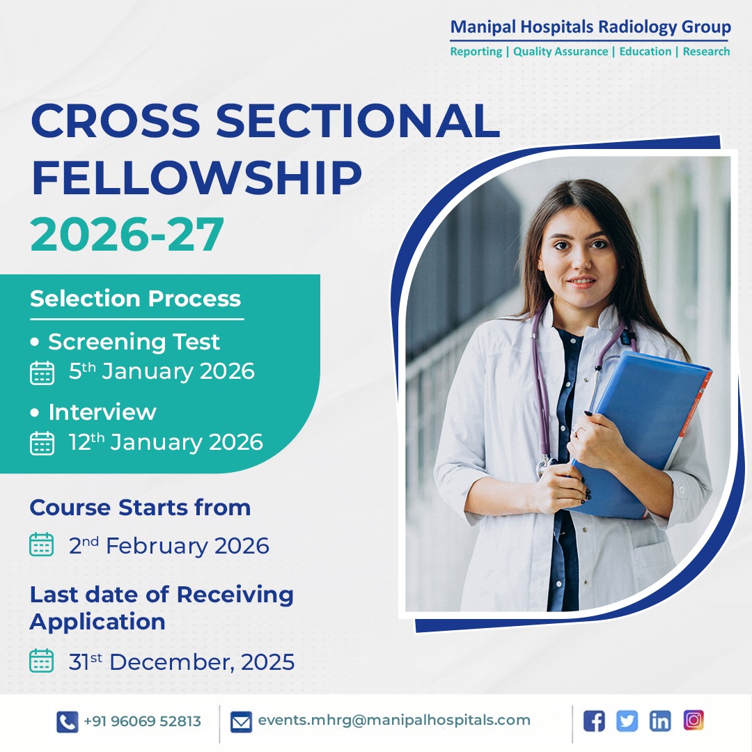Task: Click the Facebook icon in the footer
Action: (594, 721)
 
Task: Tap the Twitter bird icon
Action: (627, 721)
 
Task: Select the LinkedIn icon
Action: (660, 721)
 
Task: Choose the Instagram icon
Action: (694, 720)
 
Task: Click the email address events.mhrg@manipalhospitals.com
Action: (394, 721)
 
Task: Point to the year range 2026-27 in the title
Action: (127, 235)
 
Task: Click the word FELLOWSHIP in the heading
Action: (196, 178)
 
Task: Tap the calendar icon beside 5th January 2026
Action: (42, 373)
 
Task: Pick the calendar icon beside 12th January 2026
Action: (42, 443)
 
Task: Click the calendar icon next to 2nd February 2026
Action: (42, 545)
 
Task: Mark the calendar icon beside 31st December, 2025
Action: (42, 661)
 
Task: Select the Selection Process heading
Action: (135, 299)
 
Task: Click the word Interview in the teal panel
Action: (102, 412)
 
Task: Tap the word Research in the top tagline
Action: (706, 52)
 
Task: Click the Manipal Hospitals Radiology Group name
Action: (590, 28)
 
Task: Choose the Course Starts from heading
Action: (140, 508)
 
